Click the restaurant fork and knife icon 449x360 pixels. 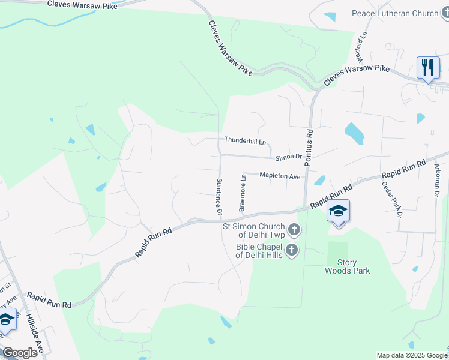[x=427, y=67]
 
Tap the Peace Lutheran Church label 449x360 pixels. [x=404, y=13]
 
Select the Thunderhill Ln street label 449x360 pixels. [x=245, y=140]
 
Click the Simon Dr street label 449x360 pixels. [x=289, y=157]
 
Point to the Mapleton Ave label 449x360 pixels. [x=280, y=176]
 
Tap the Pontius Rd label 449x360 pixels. [x=309, y=148]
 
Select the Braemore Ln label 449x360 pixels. [x=243, y=193]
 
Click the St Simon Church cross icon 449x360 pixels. [x=294, y=230]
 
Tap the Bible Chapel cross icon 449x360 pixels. [x=291, y=250]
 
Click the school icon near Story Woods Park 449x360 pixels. [x=339, y=211]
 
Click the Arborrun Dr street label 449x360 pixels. [x=437, y=180]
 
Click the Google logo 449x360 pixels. [x=20, y=353]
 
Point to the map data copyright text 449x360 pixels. [x=411, y=355]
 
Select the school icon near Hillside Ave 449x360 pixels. [x=6, y=320]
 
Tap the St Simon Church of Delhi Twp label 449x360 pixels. [x=253, y=230]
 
